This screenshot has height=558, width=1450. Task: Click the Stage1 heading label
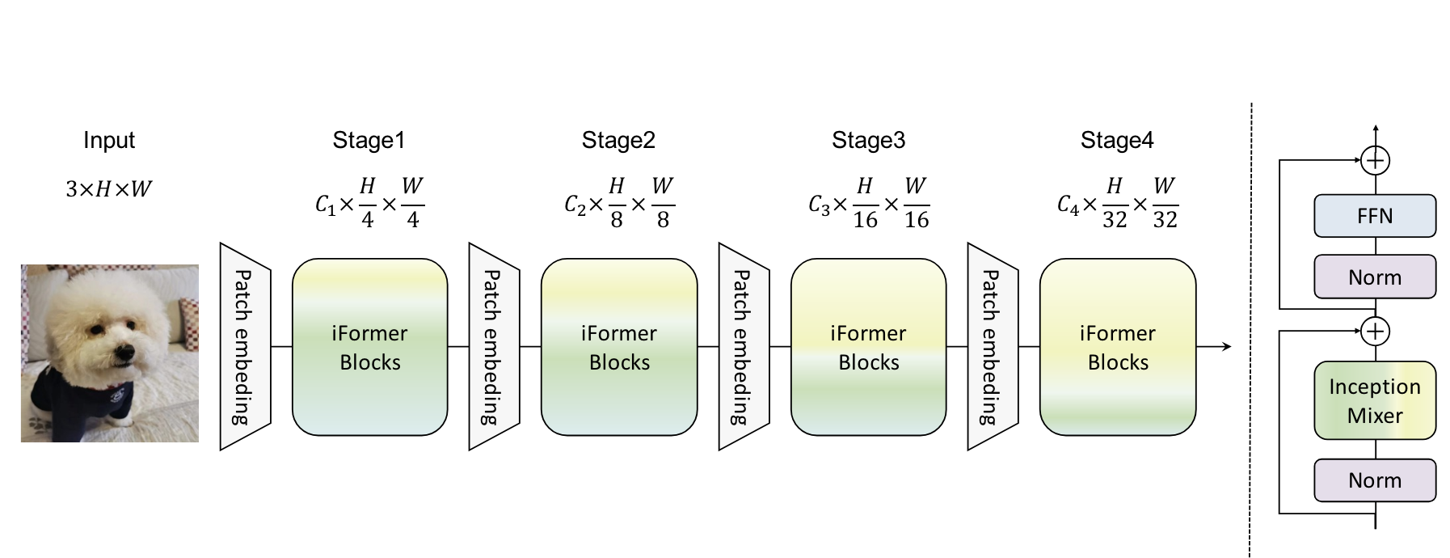pos(369,140)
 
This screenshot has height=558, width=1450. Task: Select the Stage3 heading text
pos(868,140)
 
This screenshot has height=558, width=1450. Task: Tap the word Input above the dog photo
pos(109,140)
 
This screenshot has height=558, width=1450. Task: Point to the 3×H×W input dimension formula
pos(109,189)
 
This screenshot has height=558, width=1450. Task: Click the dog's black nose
pos(124,353)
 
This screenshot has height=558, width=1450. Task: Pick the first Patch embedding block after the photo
pos(245,346)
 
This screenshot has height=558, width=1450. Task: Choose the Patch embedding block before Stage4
pos(993,346)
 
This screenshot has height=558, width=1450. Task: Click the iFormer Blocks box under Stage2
pos(619,347)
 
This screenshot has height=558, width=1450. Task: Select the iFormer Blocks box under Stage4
pos(1118,347)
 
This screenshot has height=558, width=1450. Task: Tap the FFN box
pos(1375,215)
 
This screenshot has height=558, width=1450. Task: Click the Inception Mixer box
pos(1375,400)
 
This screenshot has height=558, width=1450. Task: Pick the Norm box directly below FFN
pos(1375,277)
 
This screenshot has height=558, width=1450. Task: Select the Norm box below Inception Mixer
pos(1375,480)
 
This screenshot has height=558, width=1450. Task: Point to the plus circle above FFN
pos(1375,160)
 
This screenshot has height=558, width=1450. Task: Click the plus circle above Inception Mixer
pos(1375,330)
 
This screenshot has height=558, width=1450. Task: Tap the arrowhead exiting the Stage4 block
pos(1226,347)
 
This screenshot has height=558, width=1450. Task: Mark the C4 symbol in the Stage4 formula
pos(1068,205)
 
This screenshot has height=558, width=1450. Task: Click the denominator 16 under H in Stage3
pos(865,219)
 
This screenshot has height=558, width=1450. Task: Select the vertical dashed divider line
pos(1250,323)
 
